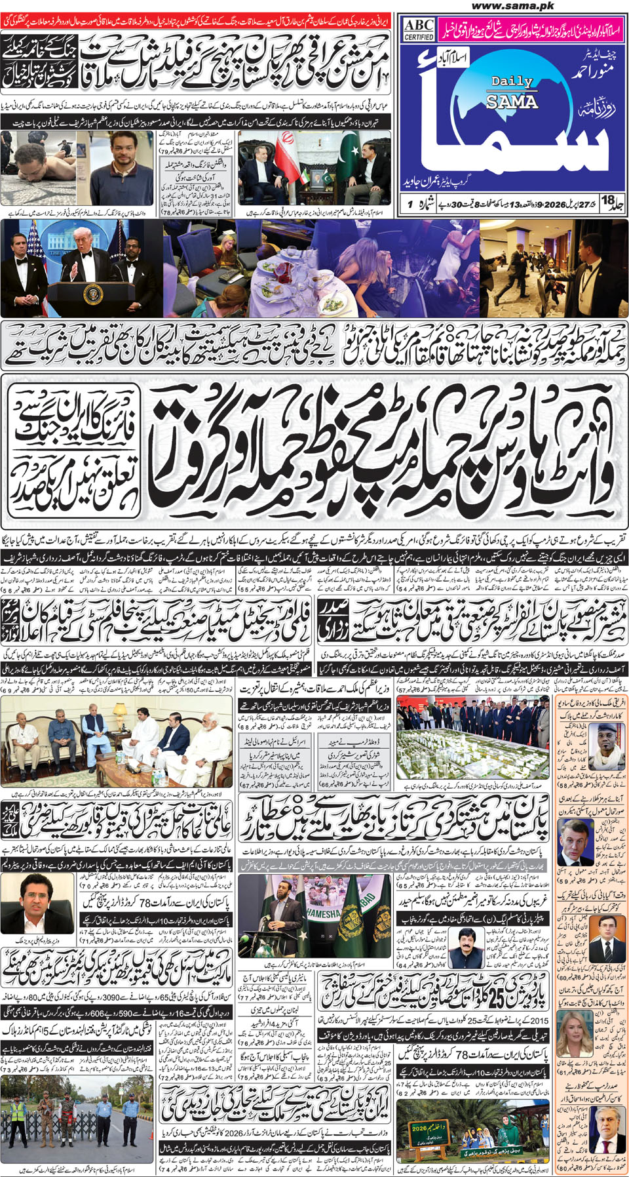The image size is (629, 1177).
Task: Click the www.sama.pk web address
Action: pos(512,6)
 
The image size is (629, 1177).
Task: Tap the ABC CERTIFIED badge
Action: pos(418,29)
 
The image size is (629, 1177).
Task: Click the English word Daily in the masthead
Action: pos(512,81)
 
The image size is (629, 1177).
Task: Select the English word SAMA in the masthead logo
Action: pos(512,101)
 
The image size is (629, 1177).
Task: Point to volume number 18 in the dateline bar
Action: pos(609,201)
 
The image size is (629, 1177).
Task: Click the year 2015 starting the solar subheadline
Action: pos(539,1020)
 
